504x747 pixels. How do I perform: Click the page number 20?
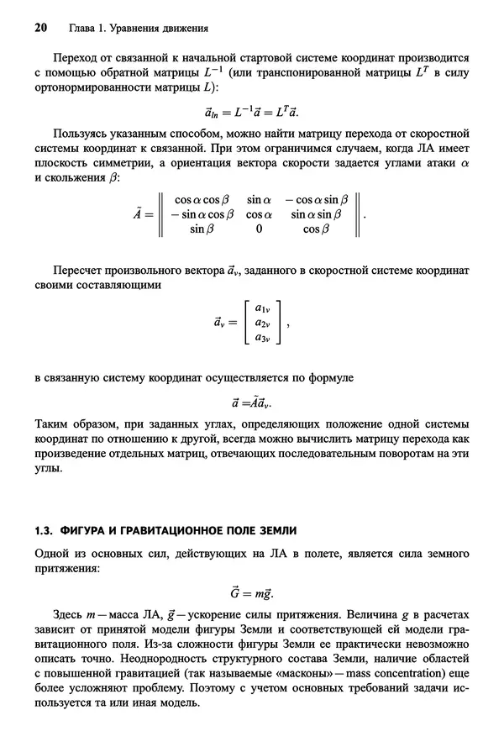coord(39,28)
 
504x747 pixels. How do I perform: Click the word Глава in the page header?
coord(78,28)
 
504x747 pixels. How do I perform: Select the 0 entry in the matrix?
coord(259,228)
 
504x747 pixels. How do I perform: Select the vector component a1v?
coord(261,308)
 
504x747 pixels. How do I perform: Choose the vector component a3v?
coord(261,338)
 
